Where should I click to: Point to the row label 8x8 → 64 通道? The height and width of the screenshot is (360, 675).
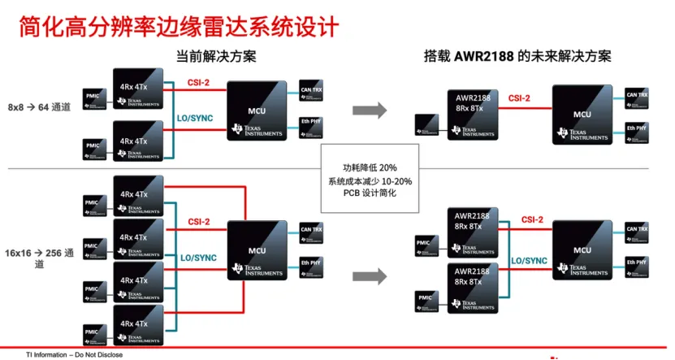coord(40,106)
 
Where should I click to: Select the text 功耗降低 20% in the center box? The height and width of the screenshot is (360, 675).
coord(370,167)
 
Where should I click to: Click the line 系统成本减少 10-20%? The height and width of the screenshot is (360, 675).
coord(370,181)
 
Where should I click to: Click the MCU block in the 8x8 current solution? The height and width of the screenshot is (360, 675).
coord(257,111)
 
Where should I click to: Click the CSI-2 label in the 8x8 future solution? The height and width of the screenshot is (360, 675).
coord(519,98)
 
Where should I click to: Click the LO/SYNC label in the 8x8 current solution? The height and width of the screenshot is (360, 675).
coord(195,118)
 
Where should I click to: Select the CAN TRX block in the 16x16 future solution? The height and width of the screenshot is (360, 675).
coord(637,232)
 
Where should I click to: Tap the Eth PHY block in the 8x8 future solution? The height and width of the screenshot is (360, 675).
coord(637,129)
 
